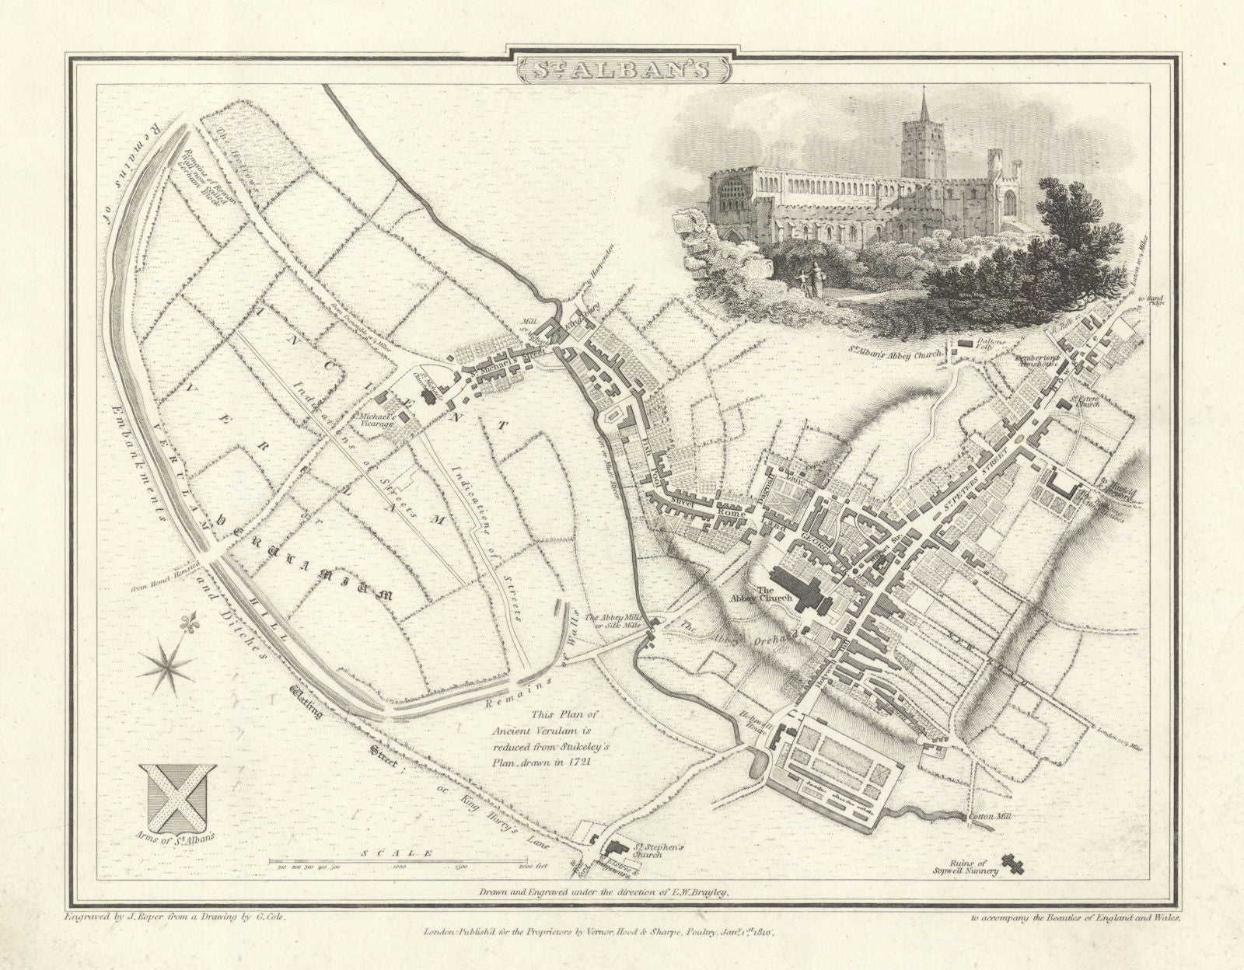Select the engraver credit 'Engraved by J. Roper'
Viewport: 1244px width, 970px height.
click(x=123, y=918)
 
